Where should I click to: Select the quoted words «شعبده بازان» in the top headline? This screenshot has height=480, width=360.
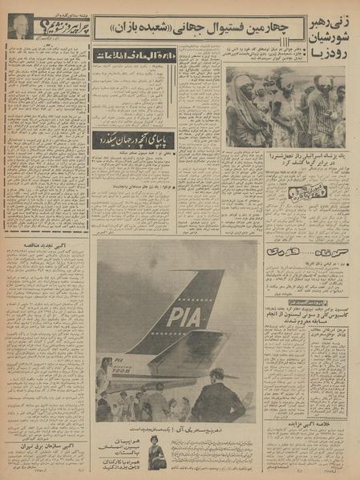pos(130,29)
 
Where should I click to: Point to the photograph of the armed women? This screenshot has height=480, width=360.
pos(285,109)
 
